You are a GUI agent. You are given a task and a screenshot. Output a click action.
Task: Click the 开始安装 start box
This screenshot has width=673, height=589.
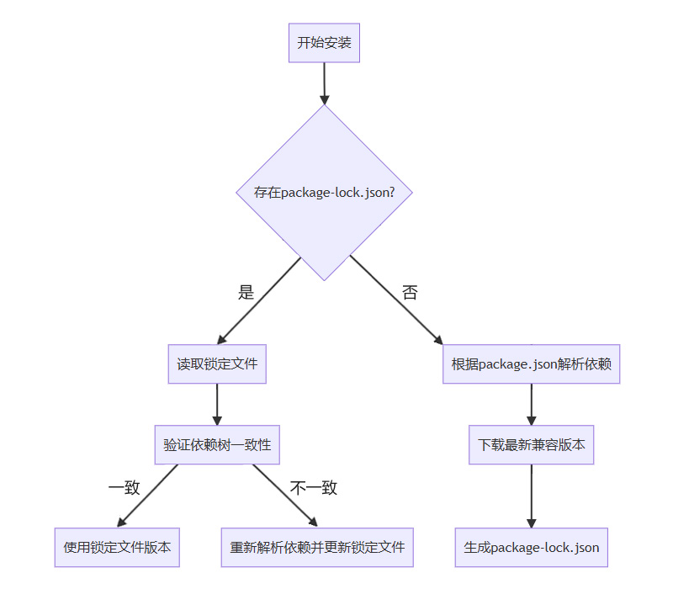[324, 43]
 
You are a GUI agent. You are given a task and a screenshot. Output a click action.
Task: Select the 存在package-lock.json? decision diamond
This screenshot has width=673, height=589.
[324, 192]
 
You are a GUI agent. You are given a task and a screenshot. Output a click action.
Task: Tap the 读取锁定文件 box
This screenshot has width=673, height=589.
[217, 364]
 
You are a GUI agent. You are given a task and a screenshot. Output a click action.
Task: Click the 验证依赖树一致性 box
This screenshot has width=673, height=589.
[217, 444]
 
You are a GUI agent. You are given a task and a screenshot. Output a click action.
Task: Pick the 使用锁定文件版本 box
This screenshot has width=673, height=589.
[117, 547]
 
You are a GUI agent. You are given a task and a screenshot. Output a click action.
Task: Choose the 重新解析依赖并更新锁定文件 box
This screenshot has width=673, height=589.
[317, 547]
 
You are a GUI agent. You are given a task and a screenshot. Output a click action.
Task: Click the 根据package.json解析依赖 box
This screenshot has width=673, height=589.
[531, 364]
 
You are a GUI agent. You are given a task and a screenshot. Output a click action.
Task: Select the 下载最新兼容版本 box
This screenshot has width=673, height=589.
[531, 444]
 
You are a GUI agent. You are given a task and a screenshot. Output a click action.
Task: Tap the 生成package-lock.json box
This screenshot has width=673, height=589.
[531, 547]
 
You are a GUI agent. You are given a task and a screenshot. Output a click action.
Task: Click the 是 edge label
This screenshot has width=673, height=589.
[246, 293]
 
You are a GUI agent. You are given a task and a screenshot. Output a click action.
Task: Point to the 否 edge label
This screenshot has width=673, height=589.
[410, 293]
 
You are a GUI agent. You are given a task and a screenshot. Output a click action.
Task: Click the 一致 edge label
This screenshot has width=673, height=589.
[124, 487]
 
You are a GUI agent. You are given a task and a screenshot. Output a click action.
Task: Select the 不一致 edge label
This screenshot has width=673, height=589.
[313, 487]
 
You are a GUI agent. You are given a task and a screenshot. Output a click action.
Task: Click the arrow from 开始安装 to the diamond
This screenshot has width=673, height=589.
[324, 82]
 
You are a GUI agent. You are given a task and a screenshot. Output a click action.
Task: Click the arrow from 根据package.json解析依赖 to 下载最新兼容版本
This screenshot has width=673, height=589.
[531, 404]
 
